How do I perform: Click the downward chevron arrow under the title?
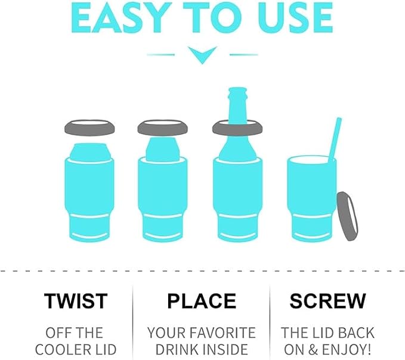202,55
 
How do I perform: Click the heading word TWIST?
76,301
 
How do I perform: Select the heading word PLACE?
202,301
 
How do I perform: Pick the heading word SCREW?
327,301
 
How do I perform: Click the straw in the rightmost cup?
335,139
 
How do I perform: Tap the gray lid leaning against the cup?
347,216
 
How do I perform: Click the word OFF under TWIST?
56,333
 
